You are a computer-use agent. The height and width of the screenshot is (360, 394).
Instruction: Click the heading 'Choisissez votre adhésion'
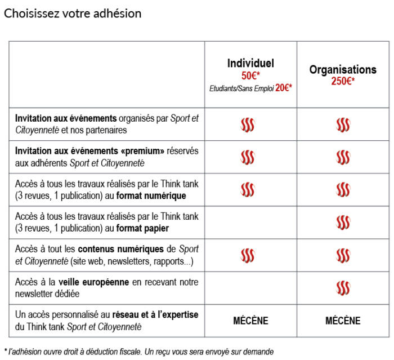coord(73,14)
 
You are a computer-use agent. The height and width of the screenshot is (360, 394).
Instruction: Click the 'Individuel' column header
coord(250,64)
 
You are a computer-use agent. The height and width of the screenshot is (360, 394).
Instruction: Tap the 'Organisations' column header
coord(343,70)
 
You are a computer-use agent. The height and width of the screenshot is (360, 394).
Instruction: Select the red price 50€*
coord(250,76)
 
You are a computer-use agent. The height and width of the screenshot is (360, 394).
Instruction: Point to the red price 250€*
coord(343,82)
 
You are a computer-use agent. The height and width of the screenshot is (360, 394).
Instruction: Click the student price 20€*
coord(284,88)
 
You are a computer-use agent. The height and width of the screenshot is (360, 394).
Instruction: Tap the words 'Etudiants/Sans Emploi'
coord(241,88)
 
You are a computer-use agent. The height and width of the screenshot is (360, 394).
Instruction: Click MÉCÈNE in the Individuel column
coord(250,321)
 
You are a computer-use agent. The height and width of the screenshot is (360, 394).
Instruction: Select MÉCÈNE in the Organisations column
coord(343,321)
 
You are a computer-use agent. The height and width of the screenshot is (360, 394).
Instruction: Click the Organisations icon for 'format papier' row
coord(343,223)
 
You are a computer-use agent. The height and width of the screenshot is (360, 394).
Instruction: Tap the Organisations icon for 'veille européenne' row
coord(343,288)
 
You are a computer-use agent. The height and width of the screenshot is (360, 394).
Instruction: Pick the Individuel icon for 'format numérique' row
coord(248,190)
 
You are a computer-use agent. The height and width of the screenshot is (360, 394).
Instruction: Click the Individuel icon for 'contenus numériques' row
coord(248,255)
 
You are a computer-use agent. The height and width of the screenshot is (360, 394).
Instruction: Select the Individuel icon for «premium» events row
coord(248,157)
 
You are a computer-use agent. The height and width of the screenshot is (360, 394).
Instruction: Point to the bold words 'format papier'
coord(143,228)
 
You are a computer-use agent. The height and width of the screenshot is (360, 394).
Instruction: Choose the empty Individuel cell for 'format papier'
coord(250,223)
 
